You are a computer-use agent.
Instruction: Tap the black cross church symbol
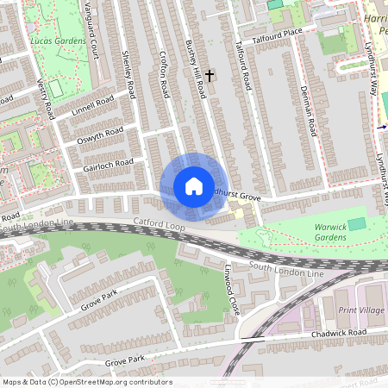click(x=209, y=76)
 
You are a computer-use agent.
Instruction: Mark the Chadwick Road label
click(x=340, y=333)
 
